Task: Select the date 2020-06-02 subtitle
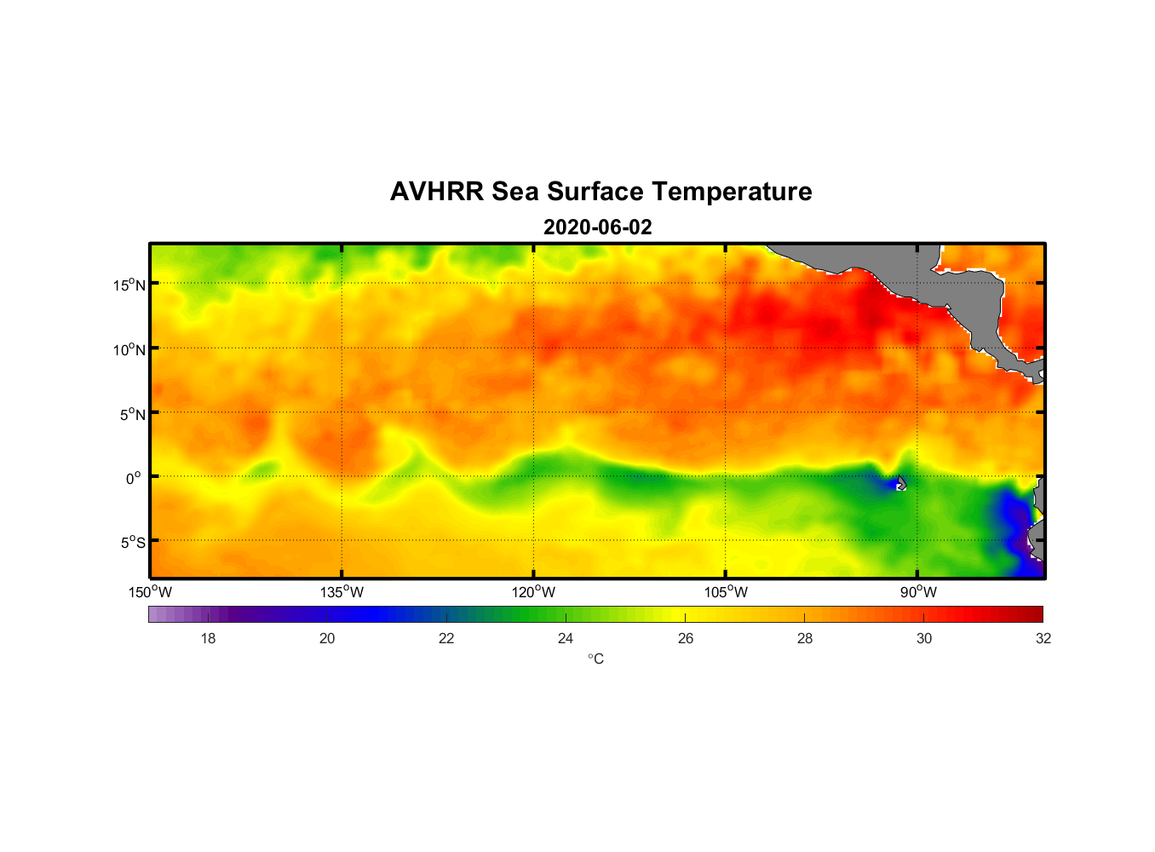[597, 227]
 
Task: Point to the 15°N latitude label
[129, 285]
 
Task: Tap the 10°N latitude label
[129, 349]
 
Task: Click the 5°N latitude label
[132, 414]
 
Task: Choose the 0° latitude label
[134, 478]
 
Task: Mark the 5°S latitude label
[132, 542]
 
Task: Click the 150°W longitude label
[151, 592]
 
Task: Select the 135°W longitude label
[342, 592]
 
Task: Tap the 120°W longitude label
[534, 592]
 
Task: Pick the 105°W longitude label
[726, 592]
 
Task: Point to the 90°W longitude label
[919, 592]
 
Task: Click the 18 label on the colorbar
[208, 638]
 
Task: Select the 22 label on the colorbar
[446, 638]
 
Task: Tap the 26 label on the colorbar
[686, 638]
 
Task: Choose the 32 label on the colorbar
[1043, 638]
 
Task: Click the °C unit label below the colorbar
[595, 659]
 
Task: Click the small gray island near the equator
[901, 483]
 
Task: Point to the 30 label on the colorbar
[924, 638]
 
